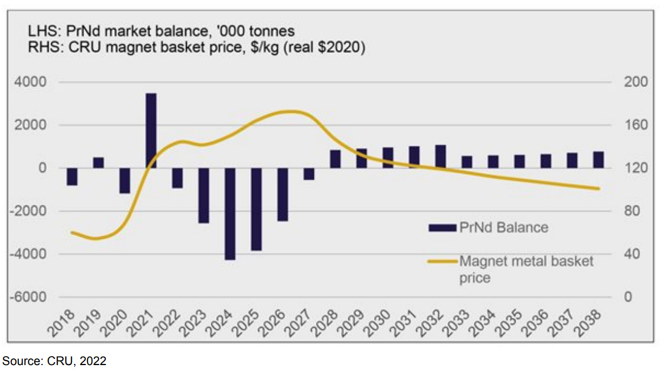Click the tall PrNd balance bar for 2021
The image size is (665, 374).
[151, 131]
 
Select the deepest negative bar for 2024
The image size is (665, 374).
[230, 214]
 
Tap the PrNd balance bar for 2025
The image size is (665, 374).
[256, 209]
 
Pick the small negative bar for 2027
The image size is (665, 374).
[309, 174]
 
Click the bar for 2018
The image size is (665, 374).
[72, 176]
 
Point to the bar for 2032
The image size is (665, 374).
[440, 156]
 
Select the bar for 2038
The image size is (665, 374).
[598, 160]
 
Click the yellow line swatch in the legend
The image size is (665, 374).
[443, 261]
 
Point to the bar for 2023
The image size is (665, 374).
[204, 195]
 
